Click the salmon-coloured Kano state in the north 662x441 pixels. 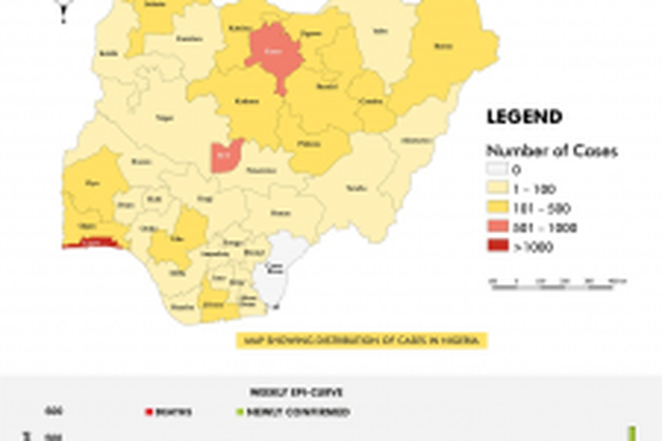[x=274, y=55]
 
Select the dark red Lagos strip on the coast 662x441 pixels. [x=92, y=243]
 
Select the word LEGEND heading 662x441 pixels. [x=524, y=118]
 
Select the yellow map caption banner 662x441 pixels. [x=359, y=340]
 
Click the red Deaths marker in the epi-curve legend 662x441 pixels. [x=148, y=412]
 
